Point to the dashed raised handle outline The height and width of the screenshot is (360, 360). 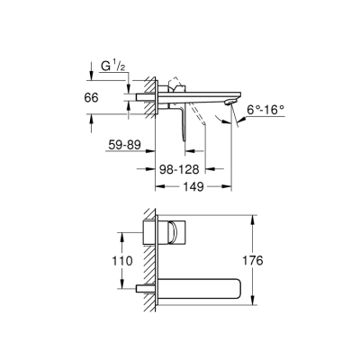tap(177, 86)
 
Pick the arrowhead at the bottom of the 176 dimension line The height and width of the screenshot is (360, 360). tap(251, 303)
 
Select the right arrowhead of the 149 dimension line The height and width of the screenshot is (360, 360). tap(229, 186)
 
